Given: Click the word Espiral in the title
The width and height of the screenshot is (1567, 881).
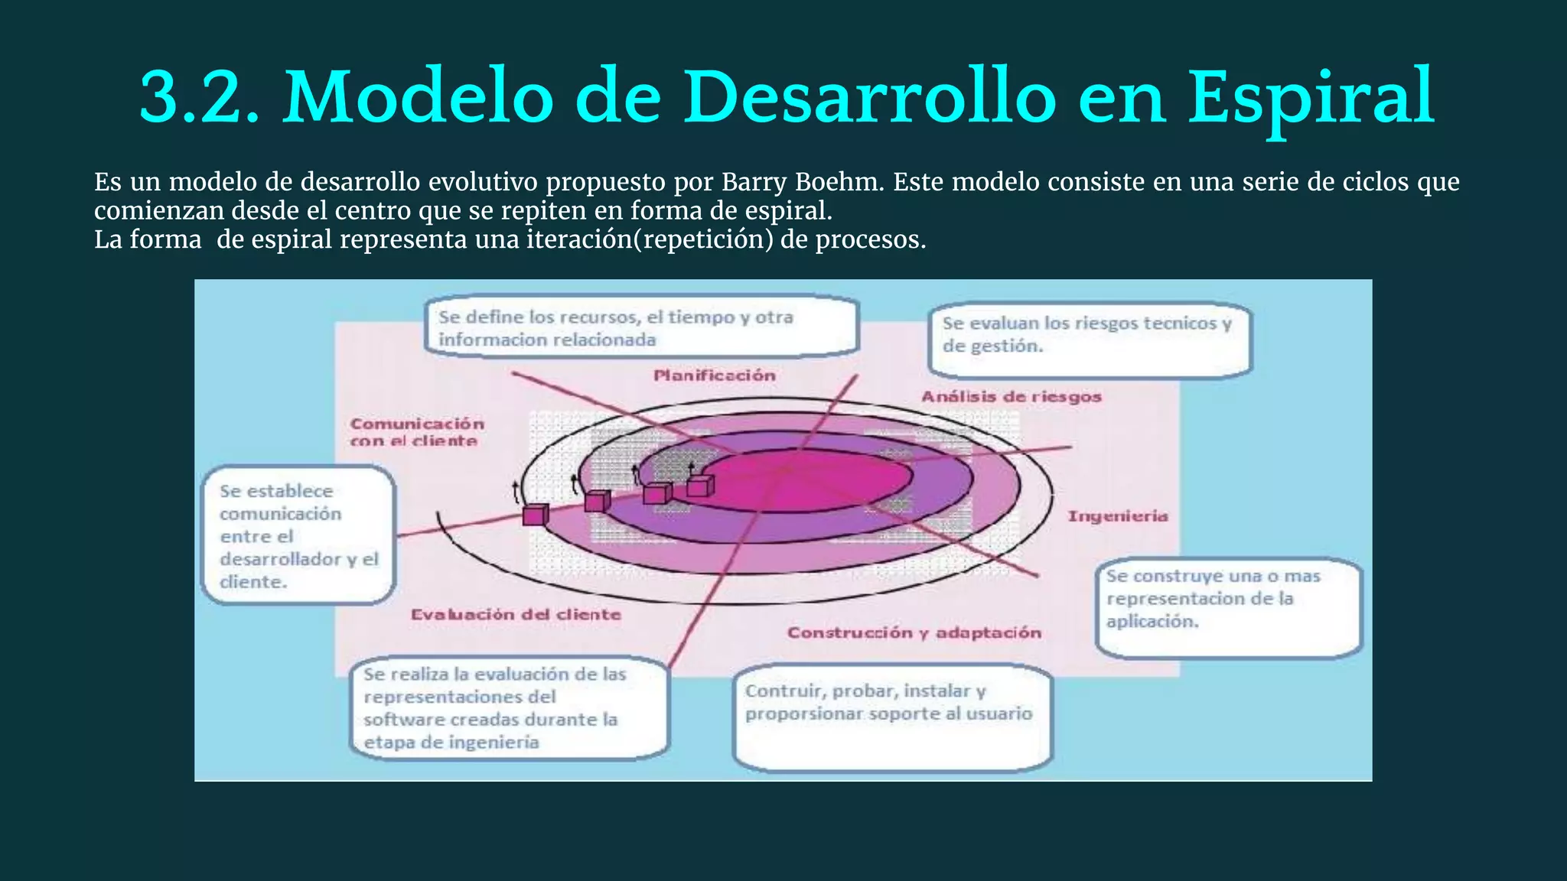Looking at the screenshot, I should [x=1311, y=98].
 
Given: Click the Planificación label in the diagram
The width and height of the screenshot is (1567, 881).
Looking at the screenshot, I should [x=714, y=375].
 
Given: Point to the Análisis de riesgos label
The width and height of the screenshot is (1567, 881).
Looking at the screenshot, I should [x=1011, y=397].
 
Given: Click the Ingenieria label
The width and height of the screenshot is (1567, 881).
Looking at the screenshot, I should [x=1117, y=517].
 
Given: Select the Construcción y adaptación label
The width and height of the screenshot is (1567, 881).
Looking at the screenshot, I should [x=914, y=633].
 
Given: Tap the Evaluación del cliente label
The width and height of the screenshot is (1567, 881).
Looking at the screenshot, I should [x=516, y=615].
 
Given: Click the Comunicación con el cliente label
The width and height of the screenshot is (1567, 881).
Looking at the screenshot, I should [x=416, y=432].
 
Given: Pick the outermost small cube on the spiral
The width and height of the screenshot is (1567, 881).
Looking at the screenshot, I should [x=536, y=515].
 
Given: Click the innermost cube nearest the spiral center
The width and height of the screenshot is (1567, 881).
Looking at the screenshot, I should [x=699, y=486].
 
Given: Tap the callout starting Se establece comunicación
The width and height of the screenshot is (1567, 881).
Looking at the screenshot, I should [x=298, y=535].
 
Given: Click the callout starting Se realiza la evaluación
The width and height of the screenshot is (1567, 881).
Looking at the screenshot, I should [x=509, y=708].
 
